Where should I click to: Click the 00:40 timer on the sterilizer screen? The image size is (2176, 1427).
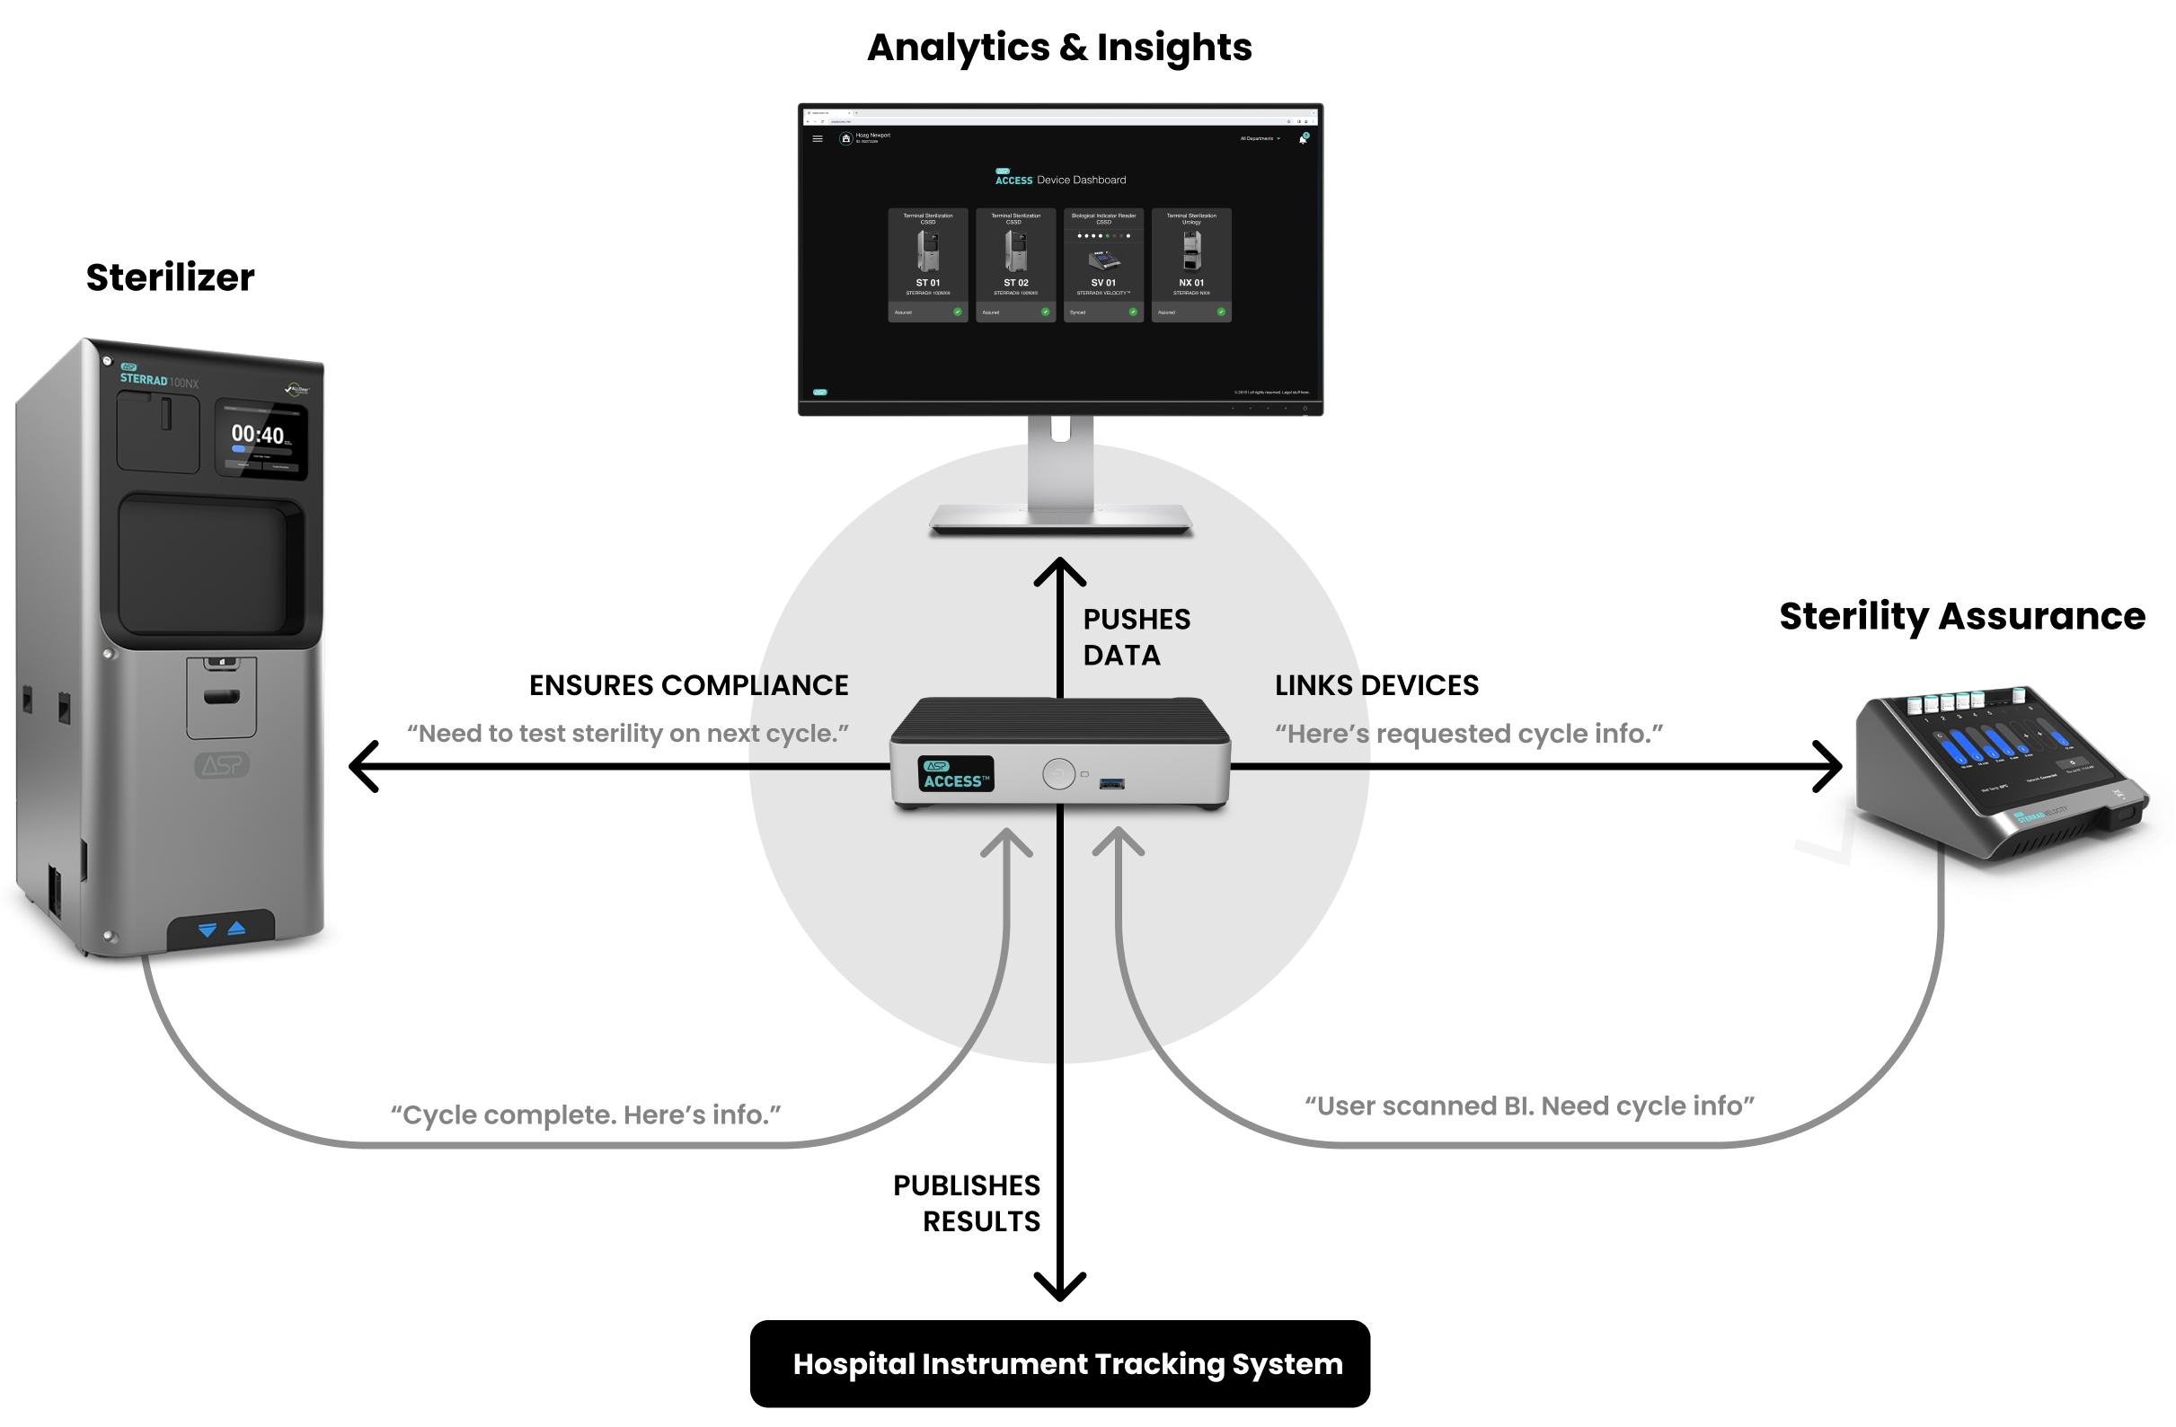pyautogui.click(x=257, y=435)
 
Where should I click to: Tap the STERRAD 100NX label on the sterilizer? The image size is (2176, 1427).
pyautogui.click(x=159, y=380)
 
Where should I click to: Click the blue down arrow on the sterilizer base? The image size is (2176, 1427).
pyautogui.click(x=208, y=929)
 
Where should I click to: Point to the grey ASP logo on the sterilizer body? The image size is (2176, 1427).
pyautogui.click(x=221, y=765)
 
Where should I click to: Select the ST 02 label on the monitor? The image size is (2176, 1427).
pyautogui.click(x=1016, y=283)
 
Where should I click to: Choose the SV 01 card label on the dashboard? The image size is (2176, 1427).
pyautogui.click(x=1103, y=283)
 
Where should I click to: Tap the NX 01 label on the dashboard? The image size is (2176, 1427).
pyautogui.click(x=1191, y=283)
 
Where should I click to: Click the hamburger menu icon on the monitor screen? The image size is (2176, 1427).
pyautogui.click(x=818, y=139)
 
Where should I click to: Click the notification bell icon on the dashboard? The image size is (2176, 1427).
pyautogui.click(x=1303, y=139)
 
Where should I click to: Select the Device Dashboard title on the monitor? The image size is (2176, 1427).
pyautogui.click(x=1081, y=181)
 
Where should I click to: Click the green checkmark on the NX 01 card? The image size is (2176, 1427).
pyautogui.click(x=1221, y=312)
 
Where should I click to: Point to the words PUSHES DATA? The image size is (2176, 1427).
pyautogui.click(x=1136, y=638)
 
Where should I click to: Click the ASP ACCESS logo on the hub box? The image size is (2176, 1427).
pyautogui.click(x=955, y=774)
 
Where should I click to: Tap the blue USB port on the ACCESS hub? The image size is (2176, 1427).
pyautogui.click(x=1111, y=782)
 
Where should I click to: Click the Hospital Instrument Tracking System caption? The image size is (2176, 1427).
pyautogui.click(x=1068, y=1364)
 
